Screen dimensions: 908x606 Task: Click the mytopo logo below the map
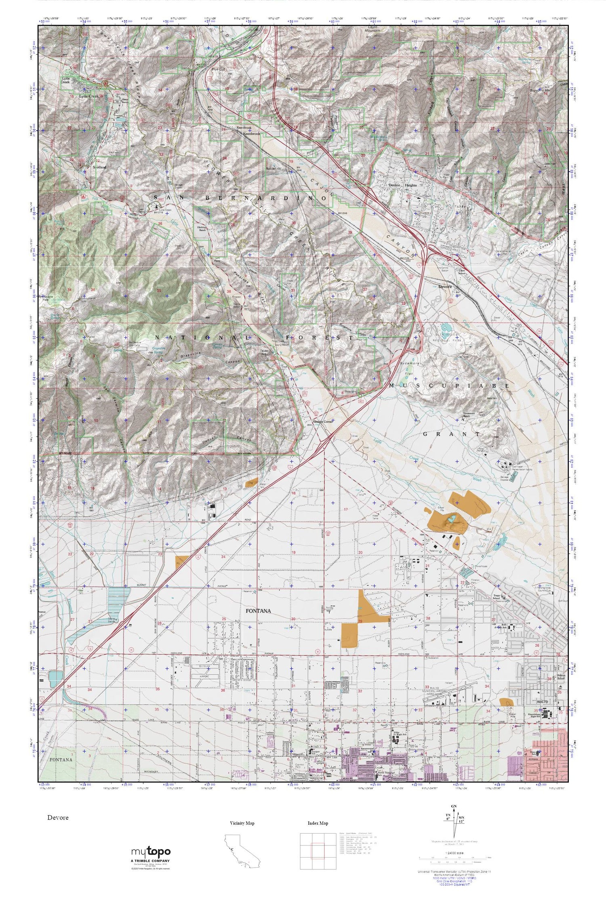click(x=151, y=852)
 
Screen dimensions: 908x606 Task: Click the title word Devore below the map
click(x=58, y=818)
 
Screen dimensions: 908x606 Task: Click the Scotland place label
click(x=99, y=167)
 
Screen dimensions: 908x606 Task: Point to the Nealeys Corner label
click(x=322, y=421)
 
